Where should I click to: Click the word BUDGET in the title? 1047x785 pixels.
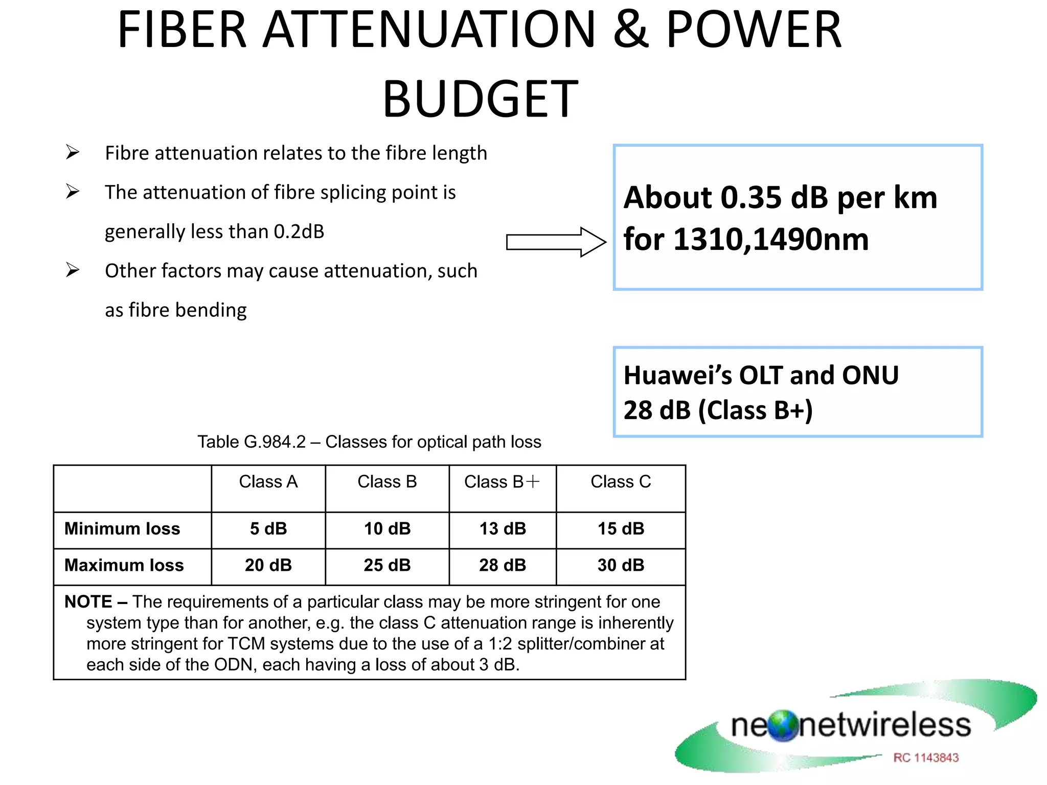(481, 99)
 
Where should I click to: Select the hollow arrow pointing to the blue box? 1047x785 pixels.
(556, 242)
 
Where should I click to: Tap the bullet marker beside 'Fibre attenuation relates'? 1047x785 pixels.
(73, 152)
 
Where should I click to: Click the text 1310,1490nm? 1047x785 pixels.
(771, 239)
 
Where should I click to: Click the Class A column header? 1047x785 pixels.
(268, 482)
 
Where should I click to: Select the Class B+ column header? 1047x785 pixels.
(502, 482)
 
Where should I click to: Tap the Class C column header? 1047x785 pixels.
(621, 482)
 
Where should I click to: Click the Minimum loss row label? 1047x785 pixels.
(122, 528)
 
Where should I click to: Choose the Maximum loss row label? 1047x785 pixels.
(124, 565)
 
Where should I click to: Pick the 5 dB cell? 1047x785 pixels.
(268, 528)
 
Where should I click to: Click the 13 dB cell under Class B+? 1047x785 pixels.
(503, 528)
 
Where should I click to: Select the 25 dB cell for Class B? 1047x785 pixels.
(387, 565)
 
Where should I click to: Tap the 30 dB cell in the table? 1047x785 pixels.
(621, 565)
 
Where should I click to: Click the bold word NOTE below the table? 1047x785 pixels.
(88, 602)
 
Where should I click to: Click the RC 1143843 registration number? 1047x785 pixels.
(926, 757)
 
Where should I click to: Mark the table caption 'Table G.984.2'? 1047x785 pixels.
(252, 442)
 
